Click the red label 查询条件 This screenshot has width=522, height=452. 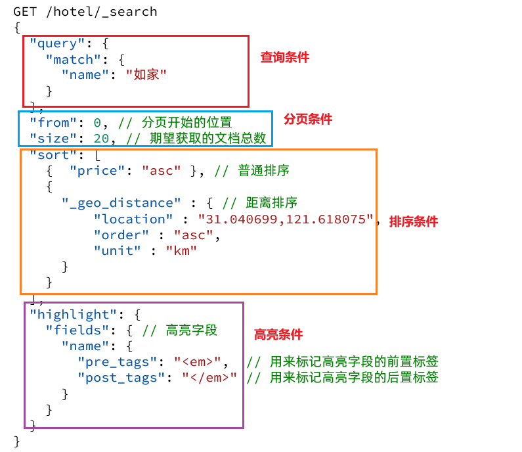284,58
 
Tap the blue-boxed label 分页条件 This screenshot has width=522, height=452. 308,120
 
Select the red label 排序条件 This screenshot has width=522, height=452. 413,222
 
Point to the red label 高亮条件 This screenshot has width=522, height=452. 278,335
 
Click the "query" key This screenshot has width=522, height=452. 54,43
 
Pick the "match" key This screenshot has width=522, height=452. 70,59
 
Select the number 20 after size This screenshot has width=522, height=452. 102,139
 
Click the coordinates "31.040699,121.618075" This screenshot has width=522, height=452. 286,219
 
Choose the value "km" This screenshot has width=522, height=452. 182,251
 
